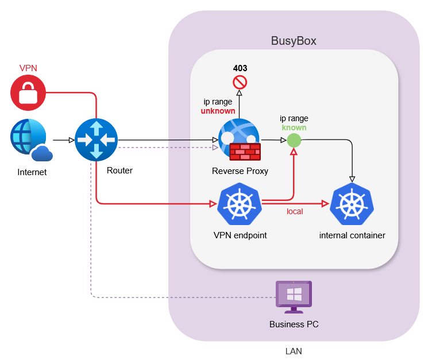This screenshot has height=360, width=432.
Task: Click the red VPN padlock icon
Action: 28,92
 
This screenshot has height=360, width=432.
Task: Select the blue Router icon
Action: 96,140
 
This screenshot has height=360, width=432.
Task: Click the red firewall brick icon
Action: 245,152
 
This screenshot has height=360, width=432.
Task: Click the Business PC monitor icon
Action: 294,296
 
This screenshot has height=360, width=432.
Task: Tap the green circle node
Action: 294,140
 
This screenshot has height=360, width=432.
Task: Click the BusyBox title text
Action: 294,41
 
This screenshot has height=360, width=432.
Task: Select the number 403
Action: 240,68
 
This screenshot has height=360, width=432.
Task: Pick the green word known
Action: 294,127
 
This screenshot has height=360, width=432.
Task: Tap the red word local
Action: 295,211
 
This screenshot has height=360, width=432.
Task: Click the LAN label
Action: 294,351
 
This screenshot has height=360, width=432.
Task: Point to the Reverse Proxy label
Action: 240,171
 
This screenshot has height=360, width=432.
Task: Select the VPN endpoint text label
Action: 240,235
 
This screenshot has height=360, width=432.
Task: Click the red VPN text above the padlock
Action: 28,68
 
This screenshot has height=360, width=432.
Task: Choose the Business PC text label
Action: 294,324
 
